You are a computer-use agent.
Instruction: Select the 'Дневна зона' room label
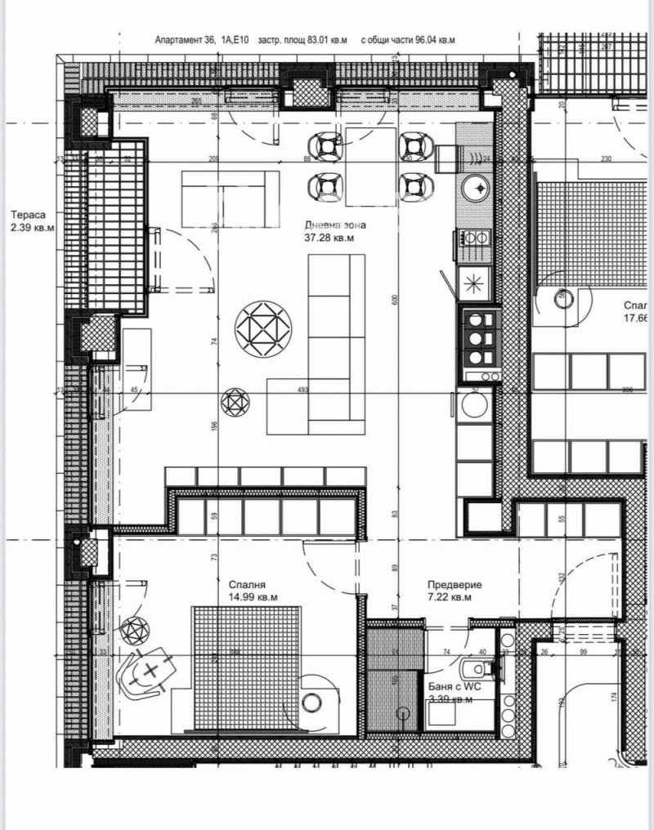[335, 225]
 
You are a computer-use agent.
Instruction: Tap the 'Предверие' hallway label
[455, 585]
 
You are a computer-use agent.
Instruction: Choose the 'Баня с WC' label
[455, 688]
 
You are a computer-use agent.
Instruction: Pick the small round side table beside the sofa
[237, 402]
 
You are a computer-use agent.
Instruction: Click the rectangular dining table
[371, 167]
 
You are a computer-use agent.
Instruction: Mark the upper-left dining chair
[329, 146]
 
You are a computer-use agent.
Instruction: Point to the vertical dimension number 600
[394, 300]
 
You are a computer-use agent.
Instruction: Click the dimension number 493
[303, 390]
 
